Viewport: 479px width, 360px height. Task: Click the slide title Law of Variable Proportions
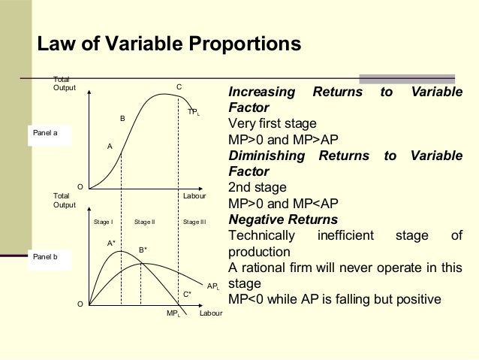(169, 44)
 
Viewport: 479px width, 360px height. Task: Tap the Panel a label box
(48, 134)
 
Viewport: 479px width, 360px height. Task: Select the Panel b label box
(48, 256)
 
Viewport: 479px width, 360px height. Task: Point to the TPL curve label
(194, 111)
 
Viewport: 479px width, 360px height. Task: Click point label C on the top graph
(179, 88)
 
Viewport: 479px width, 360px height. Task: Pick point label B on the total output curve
(122, 119)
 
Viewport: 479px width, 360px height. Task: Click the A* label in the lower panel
(112, 243)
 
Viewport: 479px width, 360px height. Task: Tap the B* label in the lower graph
(143, 250)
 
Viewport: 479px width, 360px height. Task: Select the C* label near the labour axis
(188, 294)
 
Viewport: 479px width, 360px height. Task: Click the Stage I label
(103, 222)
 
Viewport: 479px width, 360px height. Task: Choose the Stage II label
(144, 222)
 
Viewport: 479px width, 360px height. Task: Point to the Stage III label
(194, 222)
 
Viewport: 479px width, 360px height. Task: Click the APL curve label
(212, 287)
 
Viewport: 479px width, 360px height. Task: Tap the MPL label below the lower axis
(173, 312)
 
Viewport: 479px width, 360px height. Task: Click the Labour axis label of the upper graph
(194, 195)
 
